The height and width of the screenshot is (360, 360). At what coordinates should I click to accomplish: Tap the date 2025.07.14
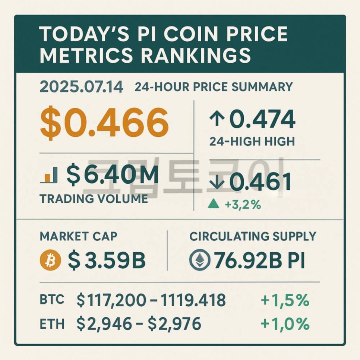(81, 88)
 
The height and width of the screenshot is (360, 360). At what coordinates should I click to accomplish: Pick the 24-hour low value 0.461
(260, 182)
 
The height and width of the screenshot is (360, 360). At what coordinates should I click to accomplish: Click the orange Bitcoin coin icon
(49, 260)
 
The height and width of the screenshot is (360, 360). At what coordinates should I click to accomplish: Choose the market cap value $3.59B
(107, 260)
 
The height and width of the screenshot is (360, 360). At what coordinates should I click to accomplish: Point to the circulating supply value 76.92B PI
(259, 260)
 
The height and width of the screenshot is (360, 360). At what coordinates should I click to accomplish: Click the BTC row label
(52, 300)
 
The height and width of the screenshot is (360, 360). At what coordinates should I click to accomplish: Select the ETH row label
(52, 323)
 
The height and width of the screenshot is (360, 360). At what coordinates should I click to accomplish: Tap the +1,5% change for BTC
(285, 300)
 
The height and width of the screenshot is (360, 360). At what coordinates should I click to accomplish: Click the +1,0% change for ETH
(285, 323)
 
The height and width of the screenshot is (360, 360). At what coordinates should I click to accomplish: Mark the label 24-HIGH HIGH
(252, 141)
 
